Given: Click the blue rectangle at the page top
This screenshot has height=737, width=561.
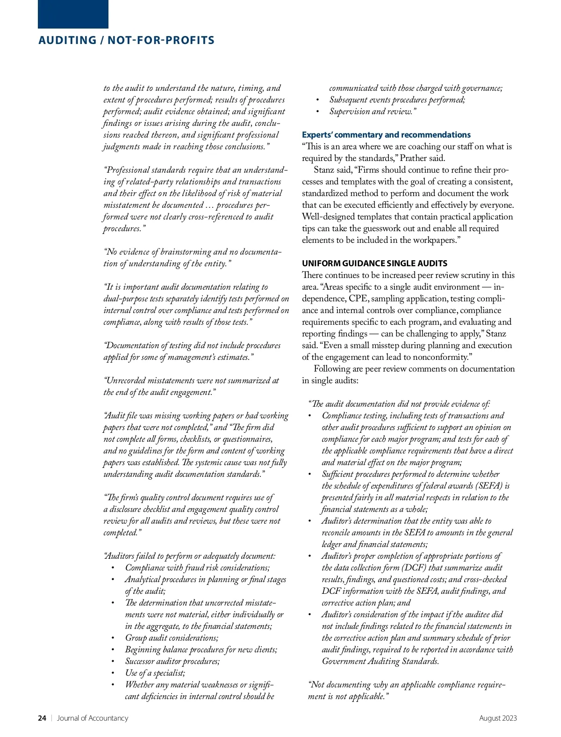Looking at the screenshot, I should [73, 14].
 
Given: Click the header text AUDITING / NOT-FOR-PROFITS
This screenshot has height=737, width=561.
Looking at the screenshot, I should [126, 40].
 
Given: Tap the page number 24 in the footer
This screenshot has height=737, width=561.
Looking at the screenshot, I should [42, 718].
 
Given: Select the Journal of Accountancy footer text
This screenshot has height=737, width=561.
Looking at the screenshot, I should [92, 718].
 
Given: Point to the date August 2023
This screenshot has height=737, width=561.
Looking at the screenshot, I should [498, 718].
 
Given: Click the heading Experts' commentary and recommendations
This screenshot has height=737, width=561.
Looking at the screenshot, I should [386, 135].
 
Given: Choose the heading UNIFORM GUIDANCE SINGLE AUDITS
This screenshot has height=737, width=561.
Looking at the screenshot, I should [374, 263].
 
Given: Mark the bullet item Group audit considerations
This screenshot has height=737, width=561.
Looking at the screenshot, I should [171, 638].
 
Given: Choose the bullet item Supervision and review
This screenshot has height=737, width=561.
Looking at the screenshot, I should [372, 111].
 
